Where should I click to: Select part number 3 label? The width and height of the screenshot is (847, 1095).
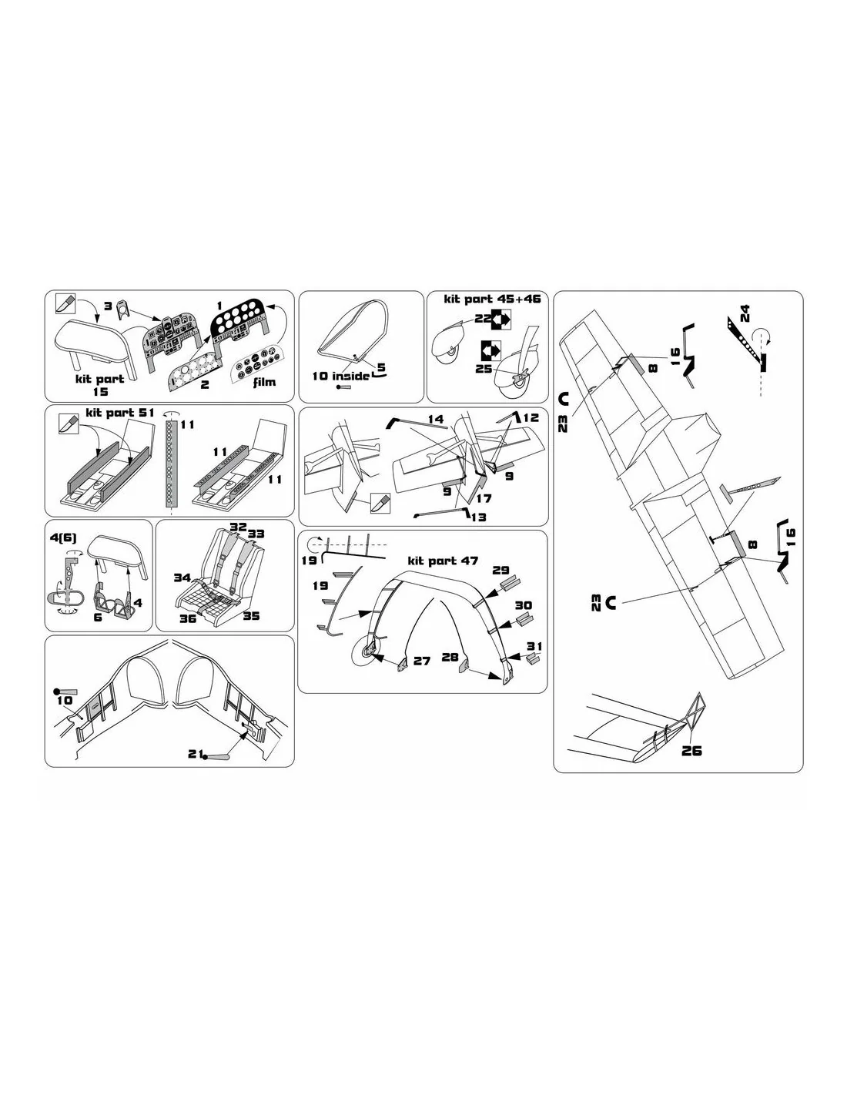(x=108, y=306)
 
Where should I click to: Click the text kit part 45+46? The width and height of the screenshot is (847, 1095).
(x=492, y=299)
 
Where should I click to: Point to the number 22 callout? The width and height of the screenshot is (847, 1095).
(x=482, y=319)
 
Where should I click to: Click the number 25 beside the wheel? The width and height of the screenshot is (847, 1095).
(x=484, y=369)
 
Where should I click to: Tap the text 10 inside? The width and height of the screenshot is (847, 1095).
(x=340, y=376)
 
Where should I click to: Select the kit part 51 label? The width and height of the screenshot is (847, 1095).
(x=120, y=413)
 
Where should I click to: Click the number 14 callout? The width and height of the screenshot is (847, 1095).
(x=436, y=419)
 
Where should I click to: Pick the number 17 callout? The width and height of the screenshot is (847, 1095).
(x=484, y=498)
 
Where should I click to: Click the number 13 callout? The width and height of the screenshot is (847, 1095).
(x=479, y=517)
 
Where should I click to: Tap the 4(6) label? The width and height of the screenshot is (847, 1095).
(x=63, y=537)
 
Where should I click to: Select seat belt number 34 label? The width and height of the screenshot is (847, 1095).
(x=182, y=578)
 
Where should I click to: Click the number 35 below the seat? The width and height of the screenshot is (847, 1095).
(x=251, y=616)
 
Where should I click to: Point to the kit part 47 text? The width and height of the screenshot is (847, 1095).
(x=443, y=561)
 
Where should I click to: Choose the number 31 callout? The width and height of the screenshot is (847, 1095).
(x=534, y=646)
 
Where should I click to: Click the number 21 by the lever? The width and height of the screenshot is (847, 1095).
(x=196, y=754)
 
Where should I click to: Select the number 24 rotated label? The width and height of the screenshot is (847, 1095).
(x=745, y=313)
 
